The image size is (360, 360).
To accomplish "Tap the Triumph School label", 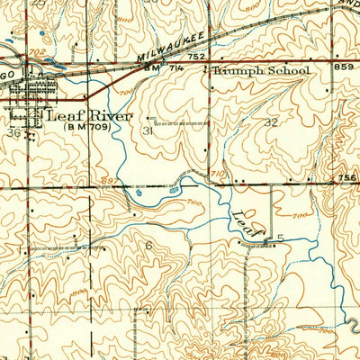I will coord(262,70).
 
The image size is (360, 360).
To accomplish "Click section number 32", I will coord(271,121).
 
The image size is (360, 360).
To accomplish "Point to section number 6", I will coord(148,244).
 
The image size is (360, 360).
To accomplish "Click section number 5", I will coord(280,238).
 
